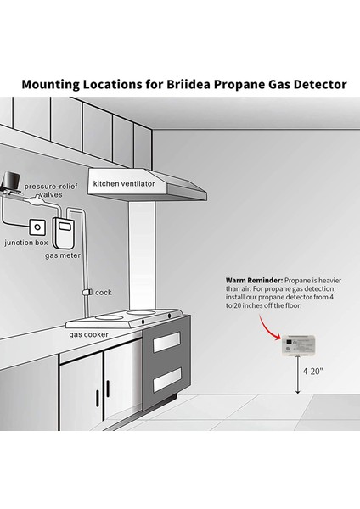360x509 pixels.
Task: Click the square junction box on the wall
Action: click(x=37, y=227)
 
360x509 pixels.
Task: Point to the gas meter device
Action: click(x=64, y=231)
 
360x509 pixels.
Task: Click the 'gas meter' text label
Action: click(x=63, y=254)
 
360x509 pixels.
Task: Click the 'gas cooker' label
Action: click(x=89, y=334)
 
